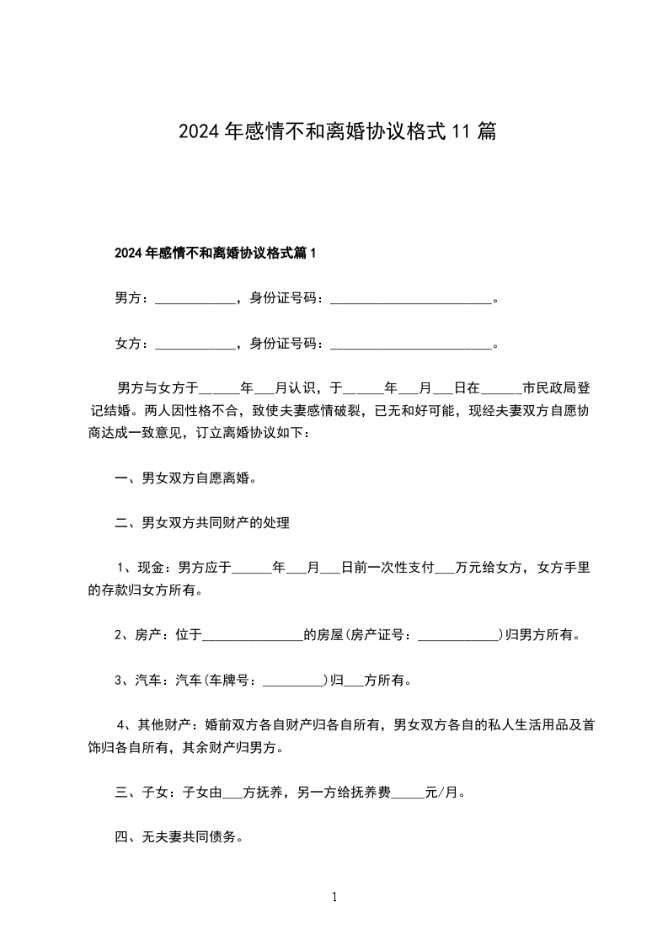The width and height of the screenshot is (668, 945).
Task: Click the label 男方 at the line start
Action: (x=128, y=298)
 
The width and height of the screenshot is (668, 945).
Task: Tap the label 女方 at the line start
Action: (x=128, y=344)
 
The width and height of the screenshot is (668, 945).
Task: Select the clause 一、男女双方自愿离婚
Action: (x=185, y=478)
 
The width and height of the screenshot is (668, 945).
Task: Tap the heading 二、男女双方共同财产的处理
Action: (x=202, y=524)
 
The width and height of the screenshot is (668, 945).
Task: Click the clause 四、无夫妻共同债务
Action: (x=179, y=837)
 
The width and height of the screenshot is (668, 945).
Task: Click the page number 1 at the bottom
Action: (x=334, y=898)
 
